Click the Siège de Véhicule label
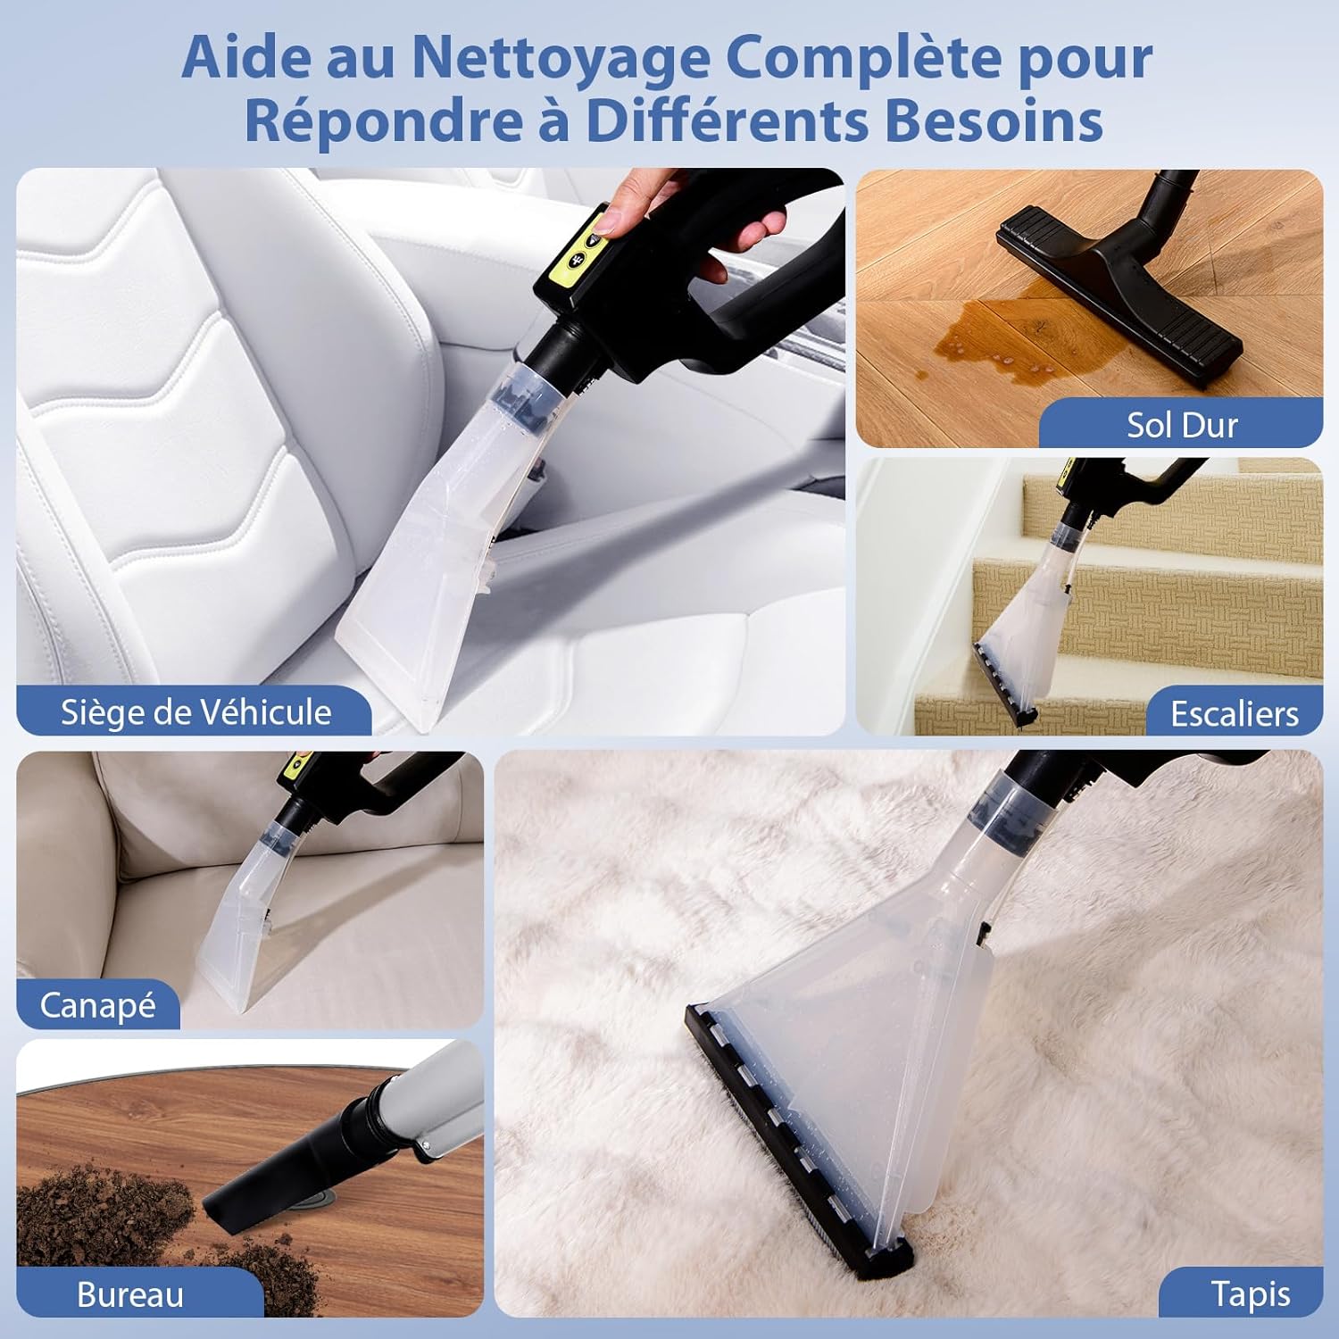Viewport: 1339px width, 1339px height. pyautogui.click(x=195, y=712)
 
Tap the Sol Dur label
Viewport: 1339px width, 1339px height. pyautogui.click(x=1182, y=425)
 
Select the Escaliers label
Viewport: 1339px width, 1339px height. pyautogui.click(x=1235, y=713)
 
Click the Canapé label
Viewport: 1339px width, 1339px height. pyautogui.click(x=97, y=1006)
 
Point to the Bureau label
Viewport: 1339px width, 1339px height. pyautogui.click(x=130, y=1294)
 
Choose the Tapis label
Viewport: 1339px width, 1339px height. pyautogui.click(x=1250, y=1294)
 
